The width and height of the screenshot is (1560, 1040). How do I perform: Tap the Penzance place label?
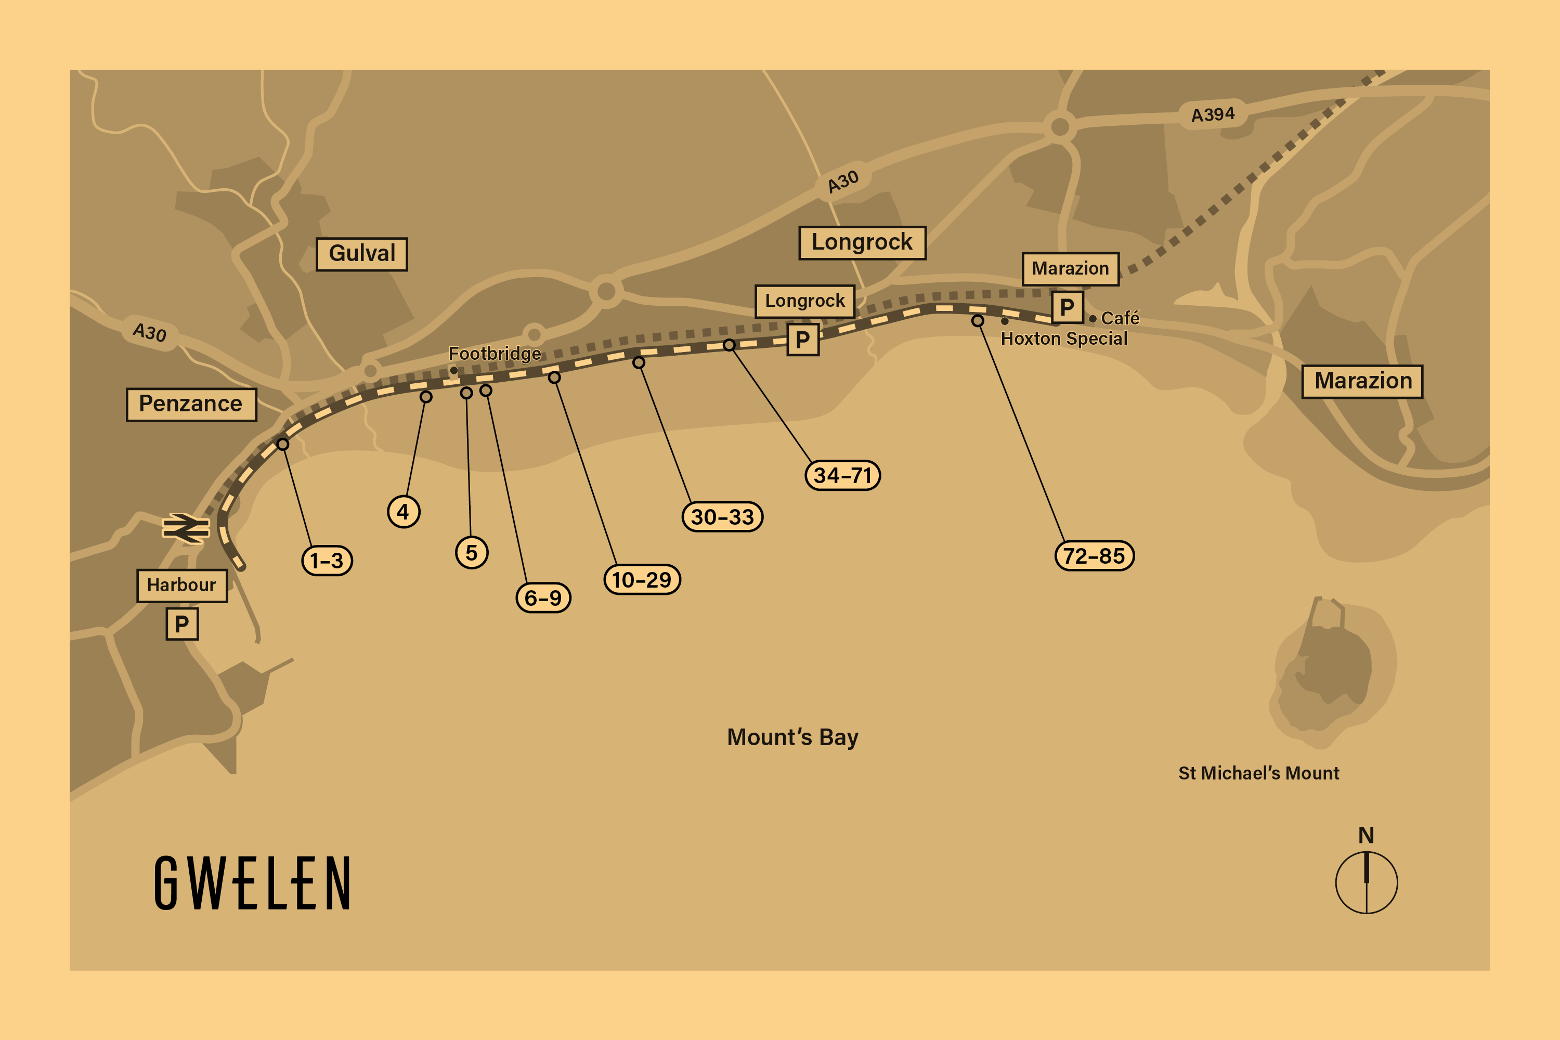pos(191,404)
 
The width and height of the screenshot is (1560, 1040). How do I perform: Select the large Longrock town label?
pos(862,242)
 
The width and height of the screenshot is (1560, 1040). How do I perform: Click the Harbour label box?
pos(181,585)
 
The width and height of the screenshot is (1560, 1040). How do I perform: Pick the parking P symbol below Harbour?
pos(181,624)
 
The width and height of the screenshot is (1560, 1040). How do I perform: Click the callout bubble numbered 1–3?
pos(327,561)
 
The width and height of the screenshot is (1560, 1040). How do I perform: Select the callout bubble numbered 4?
pos(404,511)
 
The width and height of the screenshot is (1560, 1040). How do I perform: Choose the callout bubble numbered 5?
pos(472,552)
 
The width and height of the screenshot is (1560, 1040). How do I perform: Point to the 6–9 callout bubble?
pos(543,597)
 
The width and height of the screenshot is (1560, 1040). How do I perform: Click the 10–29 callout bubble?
pos(641,580)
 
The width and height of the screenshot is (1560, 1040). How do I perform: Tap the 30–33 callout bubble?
pos(722,517)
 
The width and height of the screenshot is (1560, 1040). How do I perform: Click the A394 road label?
pos(1213,115)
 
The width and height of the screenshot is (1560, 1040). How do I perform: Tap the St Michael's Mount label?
pos(1258,773)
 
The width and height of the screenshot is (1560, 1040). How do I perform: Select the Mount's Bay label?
pos(792,737)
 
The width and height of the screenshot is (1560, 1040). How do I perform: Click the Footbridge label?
pos(495,354)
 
